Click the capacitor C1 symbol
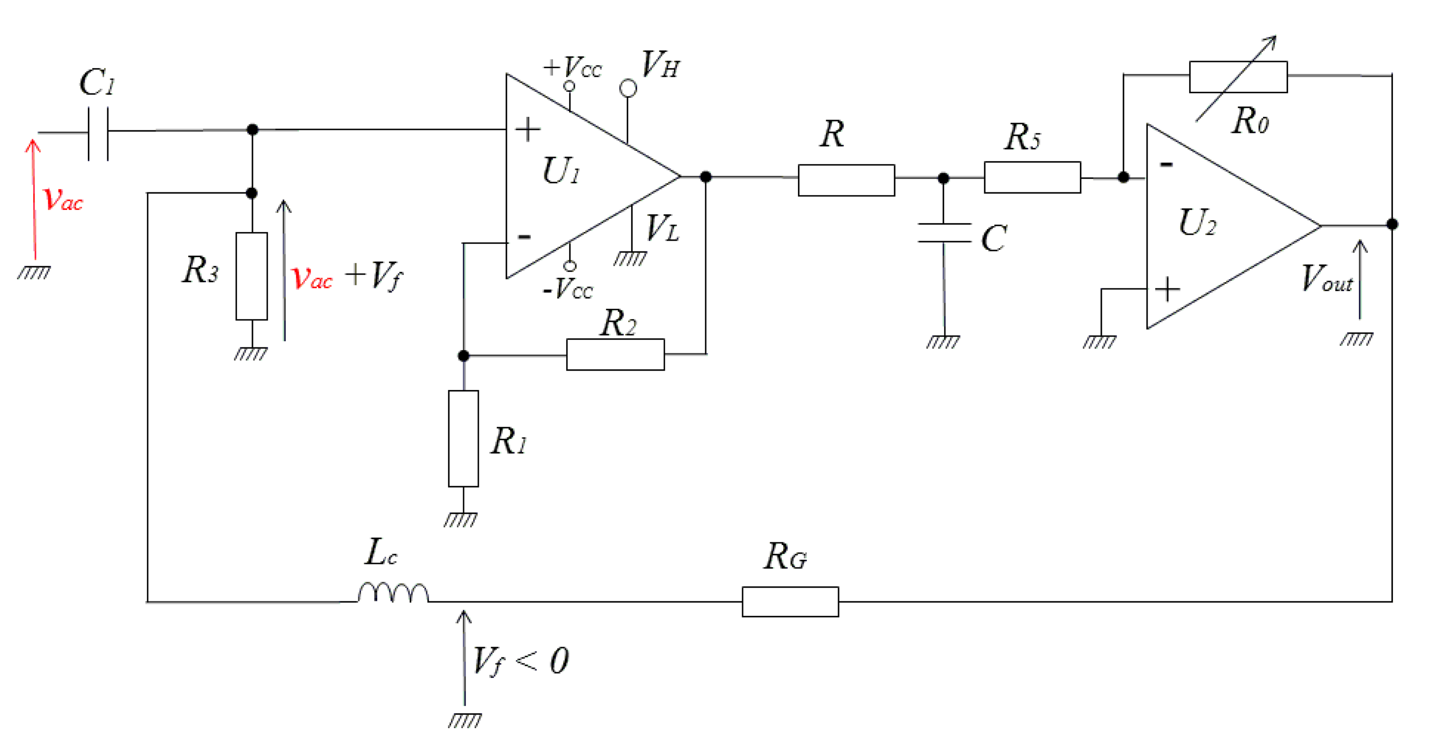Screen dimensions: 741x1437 point(98,134)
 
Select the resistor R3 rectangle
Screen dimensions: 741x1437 point(251,276)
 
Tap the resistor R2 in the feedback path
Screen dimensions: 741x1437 point(615,354)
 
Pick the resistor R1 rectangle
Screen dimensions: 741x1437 point(463,439)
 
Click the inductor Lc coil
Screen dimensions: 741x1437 point(393,593)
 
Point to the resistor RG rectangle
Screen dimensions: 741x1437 point(790,601)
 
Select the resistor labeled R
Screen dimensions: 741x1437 point(846,180)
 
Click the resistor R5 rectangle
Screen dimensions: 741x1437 point(1032,178)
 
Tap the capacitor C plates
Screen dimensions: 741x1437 point(944,232)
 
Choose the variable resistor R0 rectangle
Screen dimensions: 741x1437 point(1238,77)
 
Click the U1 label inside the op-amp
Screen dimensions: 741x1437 point(561,170)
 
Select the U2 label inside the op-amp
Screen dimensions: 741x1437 point(1197,222)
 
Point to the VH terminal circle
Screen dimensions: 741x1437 point(628,88)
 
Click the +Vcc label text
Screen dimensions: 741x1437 point(572,68)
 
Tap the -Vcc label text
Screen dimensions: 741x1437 point(568,289)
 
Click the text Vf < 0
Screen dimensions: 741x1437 point(520,661)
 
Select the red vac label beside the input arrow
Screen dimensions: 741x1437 point(63,199)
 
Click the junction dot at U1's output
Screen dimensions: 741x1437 point(706,177)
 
